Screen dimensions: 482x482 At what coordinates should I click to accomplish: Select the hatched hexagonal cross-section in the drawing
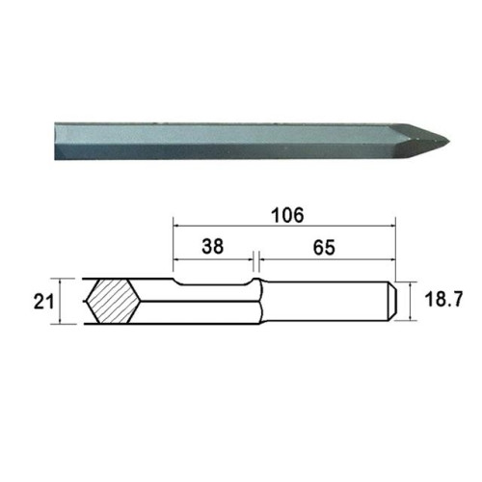[114, 301]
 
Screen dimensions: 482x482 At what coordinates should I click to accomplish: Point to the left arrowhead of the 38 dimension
[175, 257]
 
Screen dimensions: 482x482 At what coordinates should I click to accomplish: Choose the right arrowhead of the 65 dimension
[394, 257]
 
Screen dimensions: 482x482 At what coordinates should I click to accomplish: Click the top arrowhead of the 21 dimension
[60, 281]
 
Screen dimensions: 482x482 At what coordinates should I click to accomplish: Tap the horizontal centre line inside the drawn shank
[289, 301]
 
